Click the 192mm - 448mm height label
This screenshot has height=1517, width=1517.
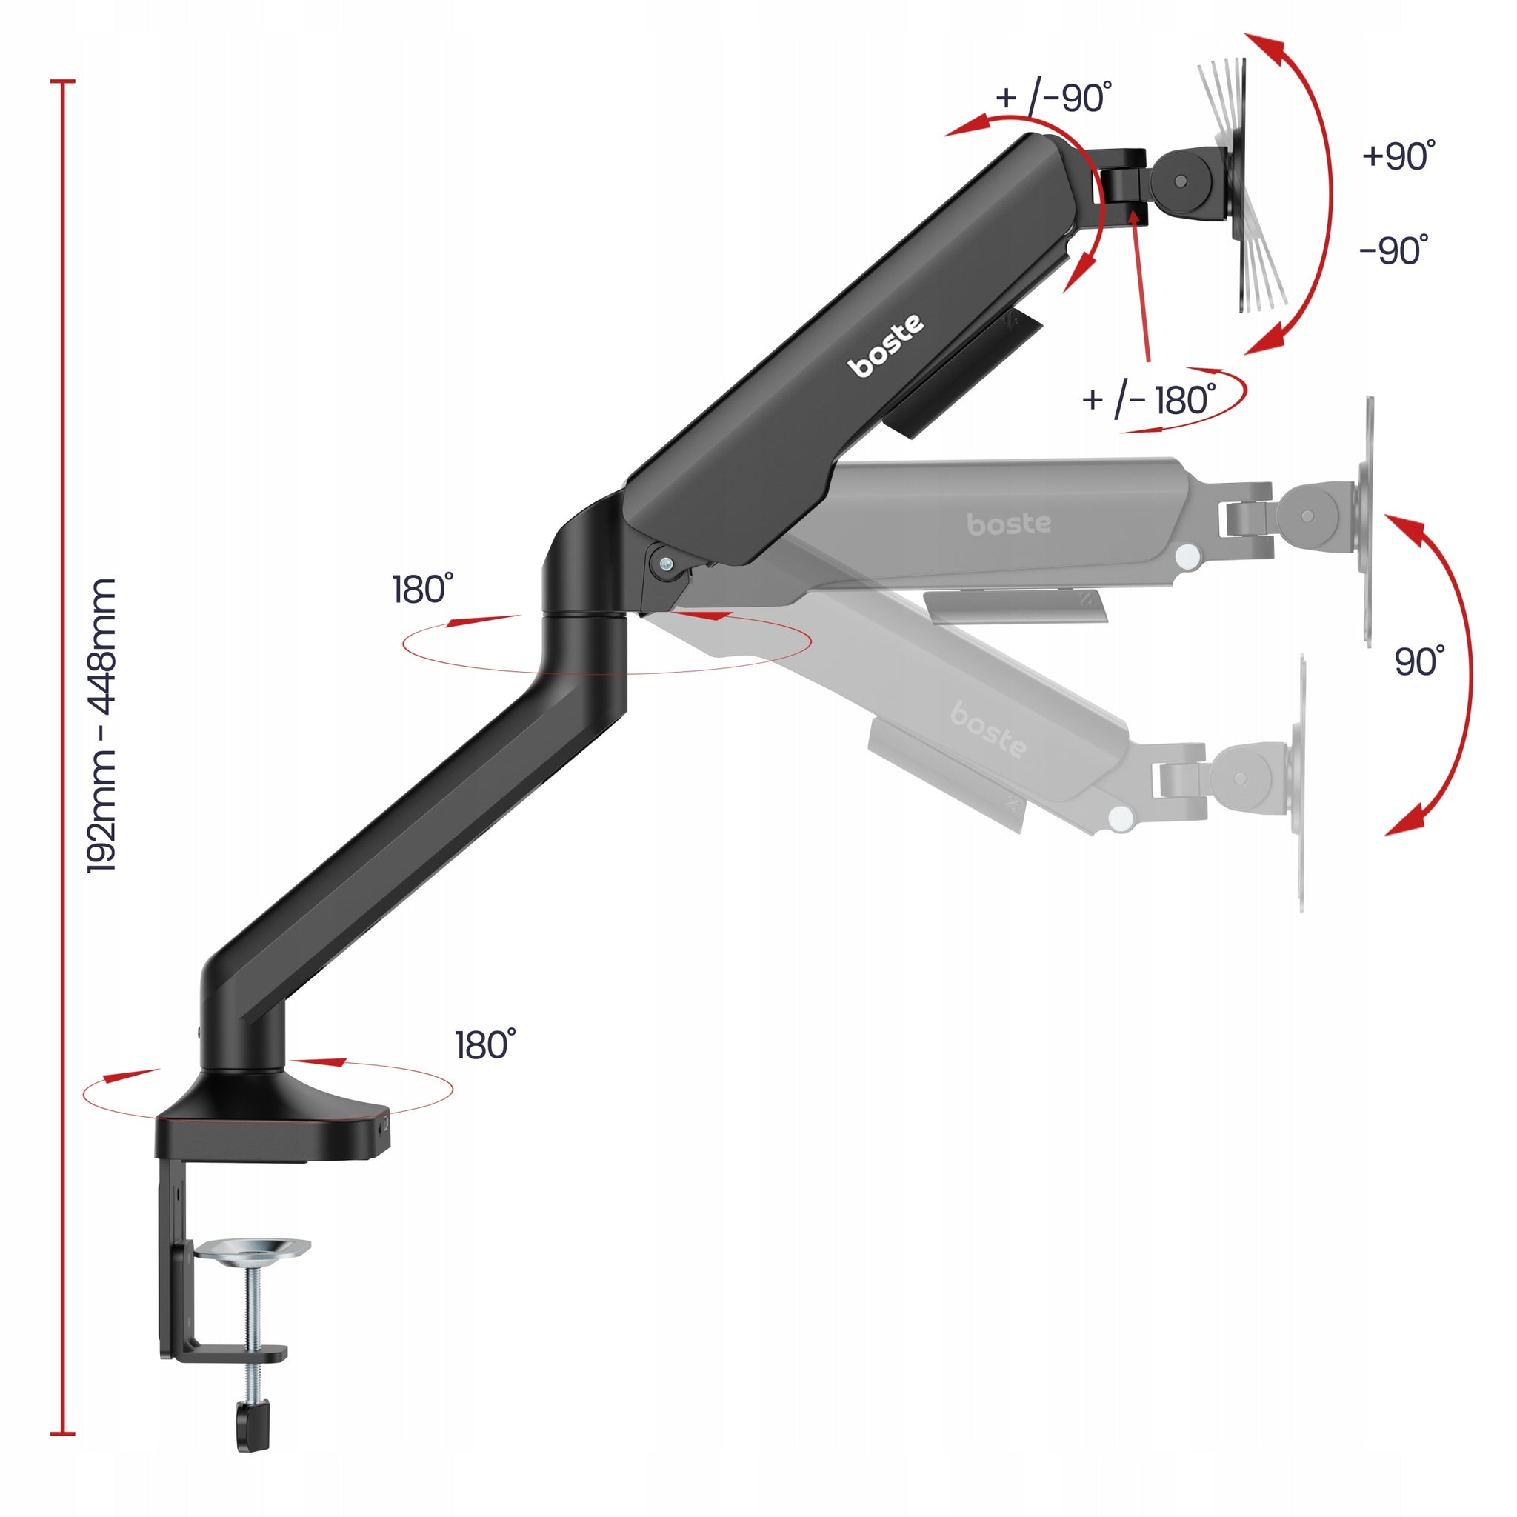(x=102, y=725)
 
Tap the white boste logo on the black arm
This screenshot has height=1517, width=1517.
(x=887, y=345)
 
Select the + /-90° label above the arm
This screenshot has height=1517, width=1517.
(x=1054, y=97)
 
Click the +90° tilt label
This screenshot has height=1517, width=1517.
(x=1399, y=156)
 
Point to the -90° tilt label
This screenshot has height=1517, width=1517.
(x=1394, y=250)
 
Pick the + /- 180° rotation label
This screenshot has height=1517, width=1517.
(x=1150, y=399)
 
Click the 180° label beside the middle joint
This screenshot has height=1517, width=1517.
(x=422, y=589)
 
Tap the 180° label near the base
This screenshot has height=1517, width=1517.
(x=485, y=1045)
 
